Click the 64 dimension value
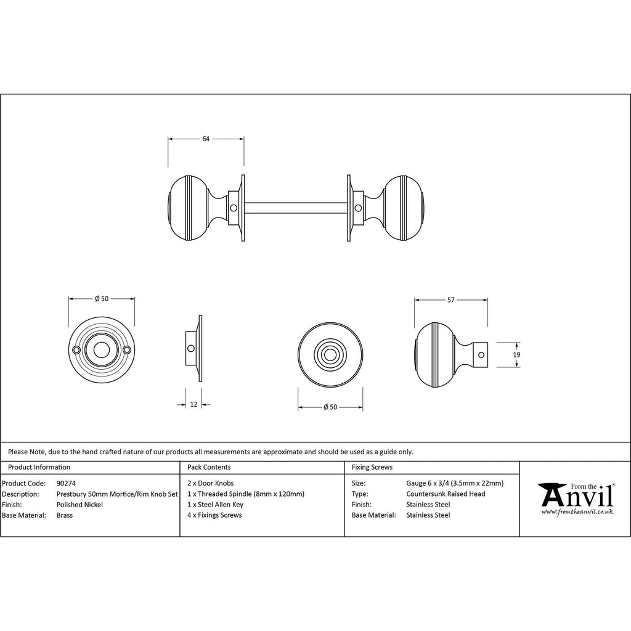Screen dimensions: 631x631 (206, 139)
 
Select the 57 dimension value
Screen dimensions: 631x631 (450, 300)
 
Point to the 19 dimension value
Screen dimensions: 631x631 (517, 354)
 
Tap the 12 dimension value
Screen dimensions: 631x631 (193, 404)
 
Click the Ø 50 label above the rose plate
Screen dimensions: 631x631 (102, 299)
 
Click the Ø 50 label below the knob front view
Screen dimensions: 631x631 (330, 407)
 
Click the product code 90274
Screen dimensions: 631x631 (66, 483)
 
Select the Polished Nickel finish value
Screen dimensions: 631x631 (79, 505)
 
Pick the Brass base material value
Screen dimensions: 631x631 (65, 515)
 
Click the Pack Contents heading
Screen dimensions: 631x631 (209, 467)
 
